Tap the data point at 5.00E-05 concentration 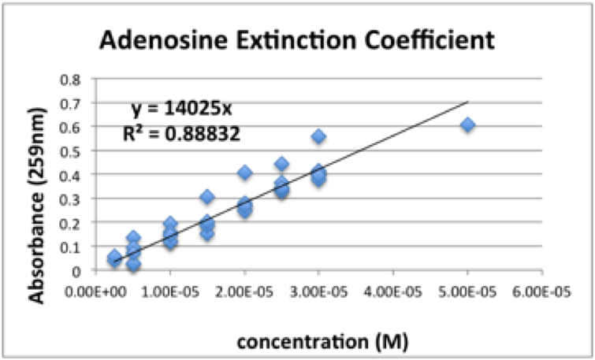click(x=467, y=125)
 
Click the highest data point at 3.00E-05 click(x=318, y=137)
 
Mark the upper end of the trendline click(x=467, y=102)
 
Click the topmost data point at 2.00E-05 click(x=244, y=173)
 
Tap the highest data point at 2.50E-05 click(x=281, y=164)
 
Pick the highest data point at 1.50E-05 click(x=207, y=197)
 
